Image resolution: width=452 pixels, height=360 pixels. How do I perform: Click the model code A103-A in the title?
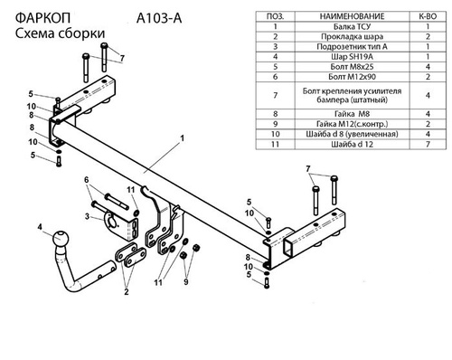(x=159, y=18)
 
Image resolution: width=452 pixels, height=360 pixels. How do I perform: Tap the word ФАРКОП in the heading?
(x=42, y=18)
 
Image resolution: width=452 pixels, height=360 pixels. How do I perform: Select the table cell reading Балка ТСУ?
(x=352, y=26)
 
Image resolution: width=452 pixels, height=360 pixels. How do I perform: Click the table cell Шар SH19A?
(x=352, y=57)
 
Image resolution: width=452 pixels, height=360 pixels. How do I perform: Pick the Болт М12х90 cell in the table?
(x=352, y=77)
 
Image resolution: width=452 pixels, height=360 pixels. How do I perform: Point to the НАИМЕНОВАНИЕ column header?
(x=352, y=16)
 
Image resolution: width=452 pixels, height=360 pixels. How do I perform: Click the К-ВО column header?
(x=428, y=16)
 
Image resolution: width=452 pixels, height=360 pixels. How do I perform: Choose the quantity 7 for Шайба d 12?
(x=428, y=144)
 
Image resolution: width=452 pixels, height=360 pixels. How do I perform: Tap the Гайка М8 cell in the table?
(x=352, y=114)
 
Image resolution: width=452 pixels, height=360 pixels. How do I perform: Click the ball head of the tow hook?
(x=61, y=240)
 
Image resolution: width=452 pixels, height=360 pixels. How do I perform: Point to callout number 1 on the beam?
(x=182, y=138)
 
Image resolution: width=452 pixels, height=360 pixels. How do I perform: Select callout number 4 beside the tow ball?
(x=40, y=227)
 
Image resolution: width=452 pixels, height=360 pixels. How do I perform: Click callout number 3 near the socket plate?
(x=87, y=216)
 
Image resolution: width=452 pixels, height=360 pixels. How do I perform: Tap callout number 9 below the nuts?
(x=186, y=281)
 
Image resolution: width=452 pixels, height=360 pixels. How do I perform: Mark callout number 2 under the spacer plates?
(x=127, y=292)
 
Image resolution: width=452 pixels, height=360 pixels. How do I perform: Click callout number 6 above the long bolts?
(x=87, y=180)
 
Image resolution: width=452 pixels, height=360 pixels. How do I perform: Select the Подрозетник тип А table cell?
(x=352, y=47)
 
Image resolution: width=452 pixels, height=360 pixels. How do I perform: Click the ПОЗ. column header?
(x=275, y=16)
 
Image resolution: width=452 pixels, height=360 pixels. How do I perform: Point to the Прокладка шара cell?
(x=352, y=37)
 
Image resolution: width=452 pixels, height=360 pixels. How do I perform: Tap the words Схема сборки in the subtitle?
(x=60, y=33)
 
